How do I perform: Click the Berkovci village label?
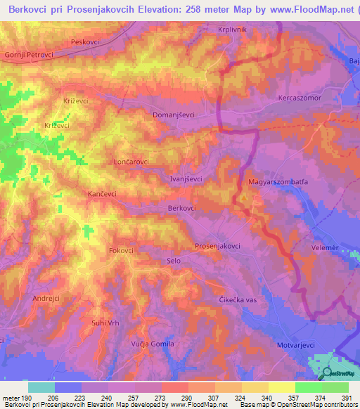(182, 209)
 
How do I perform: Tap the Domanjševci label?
(174, 113)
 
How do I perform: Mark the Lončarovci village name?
(131, 162)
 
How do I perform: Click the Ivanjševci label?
(186, 178)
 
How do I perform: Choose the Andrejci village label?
(47, 299)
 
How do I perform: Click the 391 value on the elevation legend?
(346, 398)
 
